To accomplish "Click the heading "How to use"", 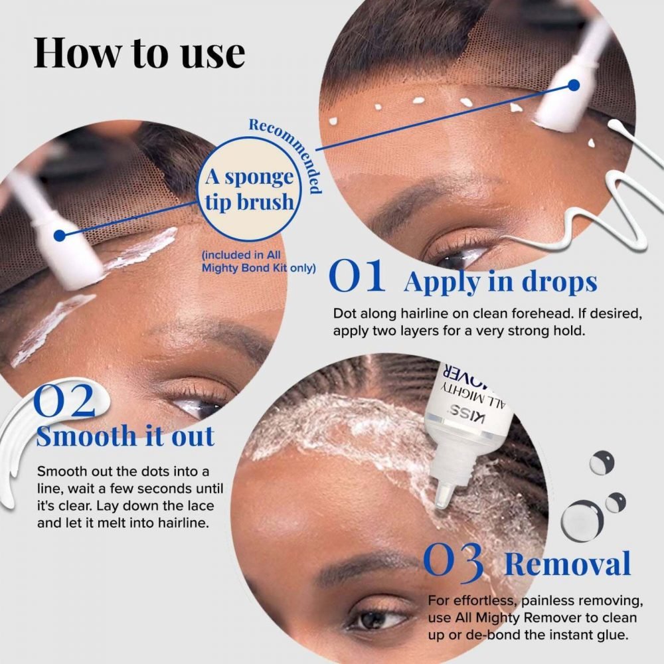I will point(139,52).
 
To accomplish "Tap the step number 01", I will point(357,278).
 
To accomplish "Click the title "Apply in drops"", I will point(500,282).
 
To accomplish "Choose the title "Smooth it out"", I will point(125,436).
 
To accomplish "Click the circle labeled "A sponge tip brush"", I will point(250,189).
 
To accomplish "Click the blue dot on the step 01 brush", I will point(574,85).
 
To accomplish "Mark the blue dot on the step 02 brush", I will point(61,235).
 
